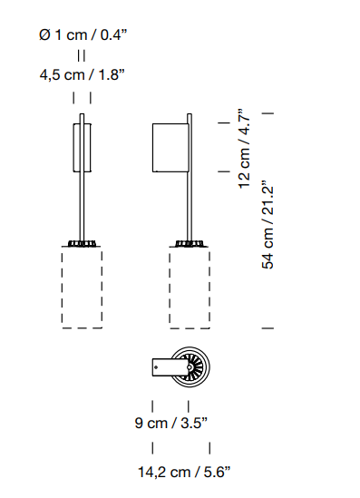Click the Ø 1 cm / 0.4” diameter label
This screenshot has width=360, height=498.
[83, 34]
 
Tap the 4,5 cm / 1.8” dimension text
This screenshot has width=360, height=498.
[83, 75]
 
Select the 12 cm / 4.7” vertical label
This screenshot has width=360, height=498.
[245, 149]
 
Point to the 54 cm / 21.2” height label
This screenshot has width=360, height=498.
[268, 225]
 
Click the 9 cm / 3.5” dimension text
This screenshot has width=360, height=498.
[171, 423]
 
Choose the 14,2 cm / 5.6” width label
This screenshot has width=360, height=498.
[184, 472]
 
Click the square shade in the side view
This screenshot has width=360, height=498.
[170, 148]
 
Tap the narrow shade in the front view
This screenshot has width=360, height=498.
[83, 148]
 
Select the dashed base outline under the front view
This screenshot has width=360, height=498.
[82, 288]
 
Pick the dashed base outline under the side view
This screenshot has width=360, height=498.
[190, 288]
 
